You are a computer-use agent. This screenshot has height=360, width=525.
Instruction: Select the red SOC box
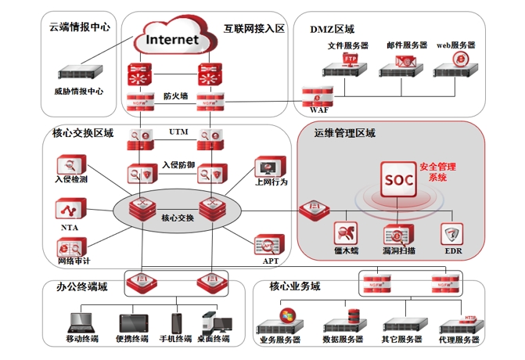pos(396,179)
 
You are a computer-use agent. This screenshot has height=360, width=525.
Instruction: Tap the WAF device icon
pos(319,98)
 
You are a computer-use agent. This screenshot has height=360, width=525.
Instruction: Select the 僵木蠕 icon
pos(346,233)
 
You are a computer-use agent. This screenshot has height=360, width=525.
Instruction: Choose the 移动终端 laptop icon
pos(81,322)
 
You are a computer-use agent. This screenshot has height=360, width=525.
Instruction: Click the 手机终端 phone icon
pos(177,322)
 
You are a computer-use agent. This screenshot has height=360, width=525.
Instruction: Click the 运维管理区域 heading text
pos(345,134)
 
